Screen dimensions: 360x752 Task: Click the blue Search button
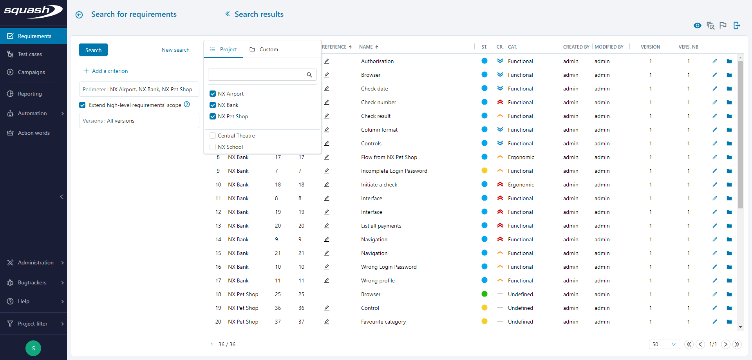point(93,50)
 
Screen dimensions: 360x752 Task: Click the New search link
point(175,50)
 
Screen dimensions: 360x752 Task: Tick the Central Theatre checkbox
point(213,136)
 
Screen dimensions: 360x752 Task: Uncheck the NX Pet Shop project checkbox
point(213,116)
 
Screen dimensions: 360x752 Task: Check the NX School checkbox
point(213,147)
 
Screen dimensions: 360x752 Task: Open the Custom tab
point(264,49)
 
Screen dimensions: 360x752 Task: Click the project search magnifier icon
point(309,75)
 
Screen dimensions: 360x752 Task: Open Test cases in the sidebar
point(30,54)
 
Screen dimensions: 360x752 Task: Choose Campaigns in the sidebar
point(31,72)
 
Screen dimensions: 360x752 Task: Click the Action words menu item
point(34,133)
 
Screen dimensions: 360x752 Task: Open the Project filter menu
point(33,324)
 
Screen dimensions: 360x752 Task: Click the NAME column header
point(366,47)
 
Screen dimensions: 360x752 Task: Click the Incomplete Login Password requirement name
point(394,171)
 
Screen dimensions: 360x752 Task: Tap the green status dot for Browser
point(484,294)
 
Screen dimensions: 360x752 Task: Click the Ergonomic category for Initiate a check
point(521,185)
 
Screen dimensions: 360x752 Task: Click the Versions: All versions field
point(139,121)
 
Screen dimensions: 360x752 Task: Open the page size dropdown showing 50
point(664,344)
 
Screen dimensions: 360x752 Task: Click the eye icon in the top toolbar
point(697,25)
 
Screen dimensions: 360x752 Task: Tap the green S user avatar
point(33,348)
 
